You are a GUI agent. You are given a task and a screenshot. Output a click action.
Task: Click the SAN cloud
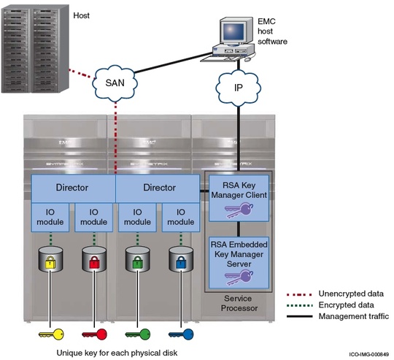(x=115, y=82)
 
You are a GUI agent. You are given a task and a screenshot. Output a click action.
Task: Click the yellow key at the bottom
(x=52, y=334)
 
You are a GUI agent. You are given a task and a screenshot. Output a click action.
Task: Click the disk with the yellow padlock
(x=51, y=261)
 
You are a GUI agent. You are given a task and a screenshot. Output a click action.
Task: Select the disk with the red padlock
(x=94, y=261)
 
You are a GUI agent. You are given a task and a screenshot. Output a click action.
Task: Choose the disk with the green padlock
(x=137, y=261)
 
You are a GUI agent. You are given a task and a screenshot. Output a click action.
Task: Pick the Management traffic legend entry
(x=353, y=316)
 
